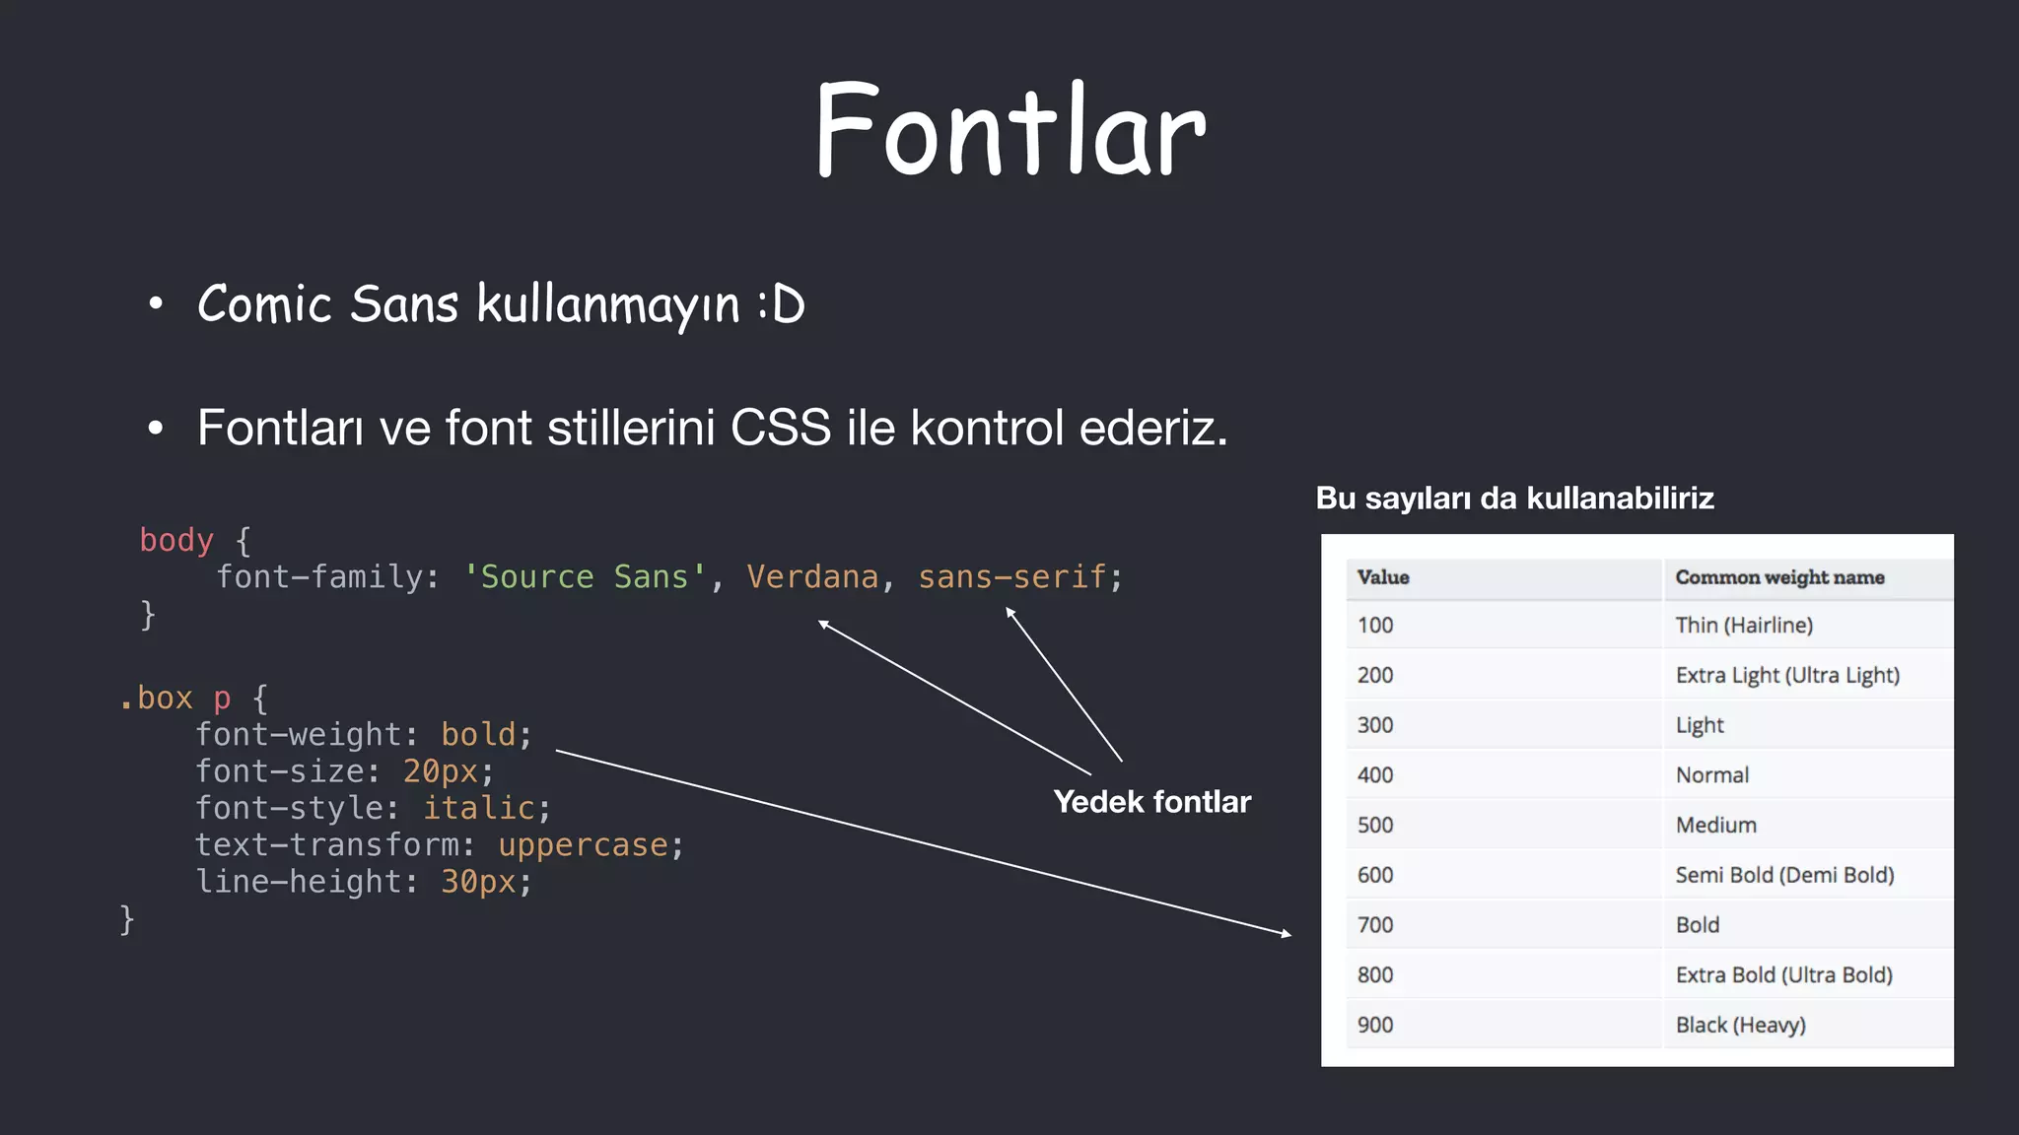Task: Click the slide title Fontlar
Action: pos(1010,130)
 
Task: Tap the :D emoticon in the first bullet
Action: pos(782,303)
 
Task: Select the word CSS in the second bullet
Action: pos(781,428)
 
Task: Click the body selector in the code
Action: pos(176,540)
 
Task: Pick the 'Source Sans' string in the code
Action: pos(585,576)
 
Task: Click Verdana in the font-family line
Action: pos(812,576)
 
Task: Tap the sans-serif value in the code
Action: pos(1012,576)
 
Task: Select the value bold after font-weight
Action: pos(478,734)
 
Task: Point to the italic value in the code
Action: pos(479,808)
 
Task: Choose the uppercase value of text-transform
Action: pos(583,844)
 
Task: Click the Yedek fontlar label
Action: pos(1151,802)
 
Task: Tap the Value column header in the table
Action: pos(1383,577)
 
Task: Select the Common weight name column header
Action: pos(1779,577)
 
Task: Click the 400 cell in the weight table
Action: pos(1375,775)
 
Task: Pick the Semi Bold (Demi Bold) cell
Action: pos(1784,875)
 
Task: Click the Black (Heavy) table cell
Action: pos(1740,1025)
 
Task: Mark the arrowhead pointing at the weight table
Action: pos(1287,933)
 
